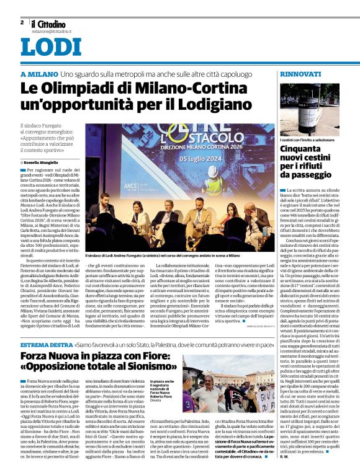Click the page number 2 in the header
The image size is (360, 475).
22,22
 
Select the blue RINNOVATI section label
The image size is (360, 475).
300,74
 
